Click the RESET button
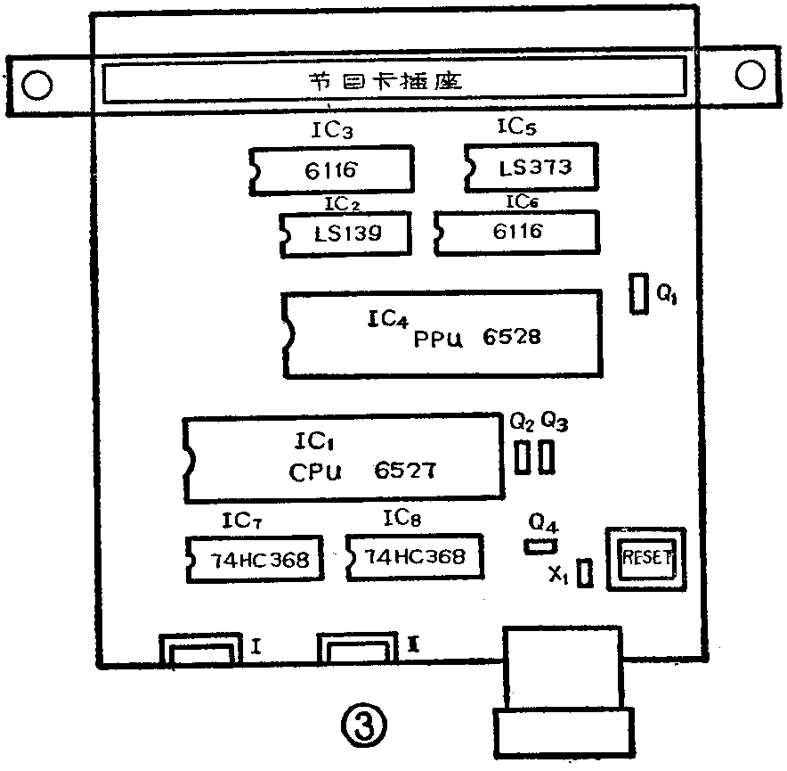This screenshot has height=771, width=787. (x=646, y=560)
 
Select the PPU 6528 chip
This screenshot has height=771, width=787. (x=441, y=333)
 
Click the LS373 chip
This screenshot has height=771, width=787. (x=531, y=167)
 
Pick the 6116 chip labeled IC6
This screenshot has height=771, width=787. (x=516, y=232)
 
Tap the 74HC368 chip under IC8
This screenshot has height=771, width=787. (x=414, y=557)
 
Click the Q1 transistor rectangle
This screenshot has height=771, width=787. (x=638, y=294)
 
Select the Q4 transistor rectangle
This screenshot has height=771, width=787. (x=540, y=545)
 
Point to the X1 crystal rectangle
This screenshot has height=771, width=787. (x=585, y=573)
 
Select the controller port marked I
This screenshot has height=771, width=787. (x=199, y=652)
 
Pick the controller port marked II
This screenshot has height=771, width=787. (x=356, y=652)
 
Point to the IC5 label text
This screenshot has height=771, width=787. (x=515, y=127)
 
